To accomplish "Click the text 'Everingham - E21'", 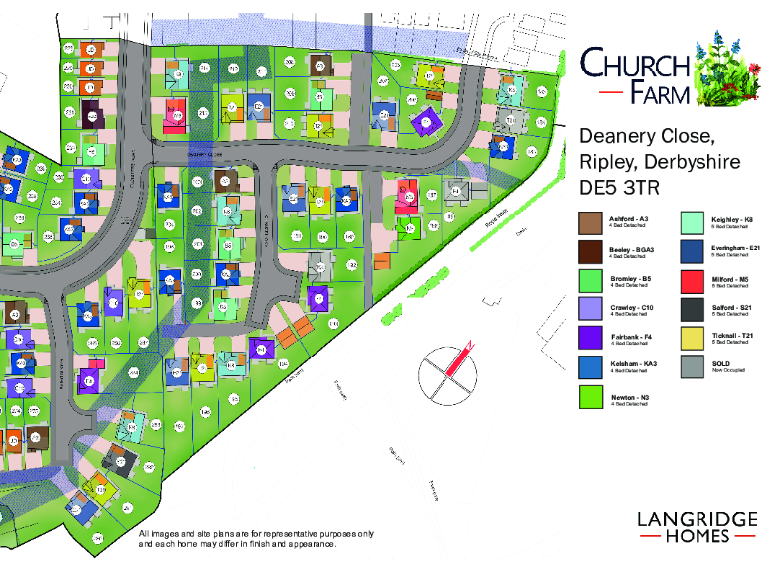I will [x=735, y=247].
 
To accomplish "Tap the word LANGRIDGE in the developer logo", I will [x=698, y=518].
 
